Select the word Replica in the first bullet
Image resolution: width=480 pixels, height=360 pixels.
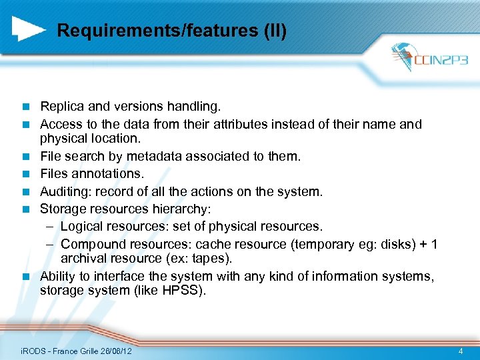[x=61, y=106]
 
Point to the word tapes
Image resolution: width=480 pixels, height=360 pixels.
[x=211, y=259]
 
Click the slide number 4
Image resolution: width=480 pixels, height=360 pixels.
[x=461, y=351]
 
